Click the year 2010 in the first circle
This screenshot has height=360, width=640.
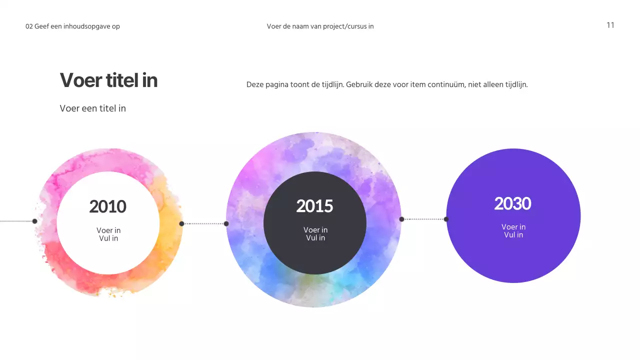click(107, 206)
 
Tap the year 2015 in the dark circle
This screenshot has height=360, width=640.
click(314, 206)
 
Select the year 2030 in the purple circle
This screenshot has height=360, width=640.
click(512, 203)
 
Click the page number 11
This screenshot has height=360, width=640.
click(610, 25)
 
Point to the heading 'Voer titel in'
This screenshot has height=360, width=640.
click(108, 80)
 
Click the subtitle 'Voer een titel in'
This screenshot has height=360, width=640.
click(92, 108)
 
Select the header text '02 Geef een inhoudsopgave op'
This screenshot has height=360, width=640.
click(72, 26)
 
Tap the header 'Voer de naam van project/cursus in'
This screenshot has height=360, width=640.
click(320, 26)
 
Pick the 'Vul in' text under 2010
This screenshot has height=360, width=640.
click(108, 238)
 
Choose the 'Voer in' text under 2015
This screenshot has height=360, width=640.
click(315, 230)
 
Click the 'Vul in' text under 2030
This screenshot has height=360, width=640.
click(513, 234)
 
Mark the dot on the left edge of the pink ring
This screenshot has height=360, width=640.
click(35, 221)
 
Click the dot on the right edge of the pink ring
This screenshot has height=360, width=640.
click(181, 223)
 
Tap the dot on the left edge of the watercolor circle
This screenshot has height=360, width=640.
click(226, 223)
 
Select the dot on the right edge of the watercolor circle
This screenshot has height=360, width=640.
click(401, 219)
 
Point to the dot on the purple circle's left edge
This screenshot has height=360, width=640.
click(446, 219)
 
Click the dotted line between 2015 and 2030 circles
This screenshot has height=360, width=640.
click(423, 219)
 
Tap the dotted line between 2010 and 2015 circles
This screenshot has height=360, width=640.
click(204, 223)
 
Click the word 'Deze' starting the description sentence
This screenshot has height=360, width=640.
click(254, 84)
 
